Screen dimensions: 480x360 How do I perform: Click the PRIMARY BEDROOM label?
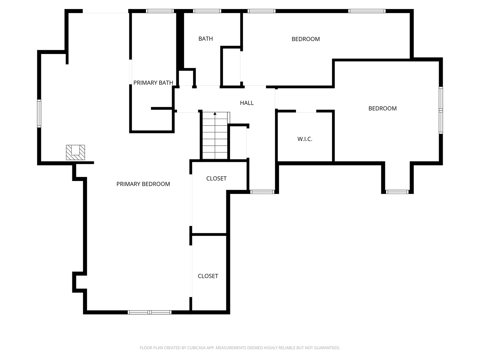tap(143, 184)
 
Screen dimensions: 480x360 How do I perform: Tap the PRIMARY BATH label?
tap(153, 83)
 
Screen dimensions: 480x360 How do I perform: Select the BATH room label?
tap(206, 39)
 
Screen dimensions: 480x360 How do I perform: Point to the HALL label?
tap(247, 103)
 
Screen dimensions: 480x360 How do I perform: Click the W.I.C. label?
tap(305, 139)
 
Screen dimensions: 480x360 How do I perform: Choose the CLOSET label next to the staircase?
tap(216, 179)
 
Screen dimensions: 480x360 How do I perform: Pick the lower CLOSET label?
tap(208, 276)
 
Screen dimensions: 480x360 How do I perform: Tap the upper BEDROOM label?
tap(305, 39)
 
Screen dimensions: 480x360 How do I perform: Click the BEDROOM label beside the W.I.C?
tap(382, 108)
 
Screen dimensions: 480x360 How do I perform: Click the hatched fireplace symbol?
tap(75, 152)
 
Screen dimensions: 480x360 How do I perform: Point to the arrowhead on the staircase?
tap(215, 114)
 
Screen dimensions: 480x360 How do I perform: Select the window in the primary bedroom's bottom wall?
tap(150, 312)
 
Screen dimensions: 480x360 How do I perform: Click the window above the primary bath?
tap(160, 11)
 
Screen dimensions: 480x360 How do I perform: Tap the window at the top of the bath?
tap(207, 11)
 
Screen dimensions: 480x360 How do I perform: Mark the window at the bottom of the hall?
tap(262, 192)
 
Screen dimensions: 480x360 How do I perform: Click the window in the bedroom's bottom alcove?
tap(397, 192)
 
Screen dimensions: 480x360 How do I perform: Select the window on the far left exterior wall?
tap(39, 113)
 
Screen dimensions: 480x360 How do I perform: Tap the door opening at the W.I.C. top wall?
tap(306, 111)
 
